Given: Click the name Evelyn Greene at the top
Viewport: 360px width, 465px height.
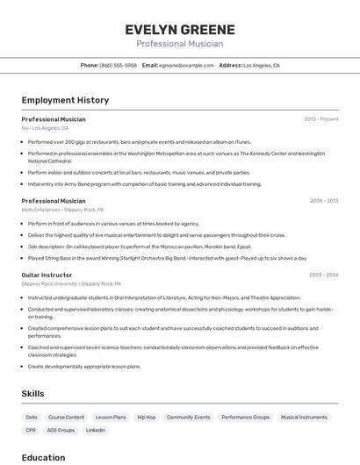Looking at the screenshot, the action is pyautogui.click(x=179, y=28).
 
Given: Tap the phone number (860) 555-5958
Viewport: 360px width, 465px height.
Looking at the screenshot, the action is pyautogui.click(x=119, y=65).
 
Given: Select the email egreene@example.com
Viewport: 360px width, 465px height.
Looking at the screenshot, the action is pyautogui.click(x=186, y=65).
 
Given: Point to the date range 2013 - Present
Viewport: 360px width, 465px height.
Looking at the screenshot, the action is pyautogui.click(x=321, y=118).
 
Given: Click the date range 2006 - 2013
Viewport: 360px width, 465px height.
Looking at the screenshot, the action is pyautogui.click(x=323, y=201).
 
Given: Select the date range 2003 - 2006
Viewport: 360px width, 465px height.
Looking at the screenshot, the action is pyautogui.click(x=323, y=275).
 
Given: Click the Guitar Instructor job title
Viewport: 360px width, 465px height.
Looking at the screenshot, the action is pyautogui.click(x=47, y=275).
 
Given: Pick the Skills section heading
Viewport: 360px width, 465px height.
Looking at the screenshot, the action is pyautogui.click(x=32, y=394).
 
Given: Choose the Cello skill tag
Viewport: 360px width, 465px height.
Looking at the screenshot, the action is pyautogui.click(x=32, y=418).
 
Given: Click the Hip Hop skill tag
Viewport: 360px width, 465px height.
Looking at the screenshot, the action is pyautogui.click(x=146, y=418).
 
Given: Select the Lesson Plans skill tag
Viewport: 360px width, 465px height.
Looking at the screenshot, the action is pyautogui.click(x=111, y=418).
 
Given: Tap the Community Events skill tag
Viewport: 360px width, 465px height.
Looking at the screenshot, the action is pyautogui.click(x=188, y=418).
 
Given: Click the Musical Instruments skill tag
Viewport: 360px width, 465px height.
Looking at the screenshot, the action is pyautogui.click(x=304, y=418).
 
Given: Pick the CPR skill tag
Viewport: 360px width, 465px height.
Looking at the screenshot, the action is pyautogui.click(x=31, y=430).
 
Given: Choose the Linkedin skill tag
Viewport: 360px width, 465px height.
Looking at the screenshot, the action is pyautogui.click(x=95, y=430).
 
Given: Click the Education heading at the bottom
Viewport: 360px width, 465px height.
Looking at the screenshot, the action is pyautogui.click(x=43, y=457).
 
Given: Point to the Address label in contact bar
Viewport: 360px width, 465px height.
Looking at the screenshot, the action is pyautogui.click(x=230, y=65).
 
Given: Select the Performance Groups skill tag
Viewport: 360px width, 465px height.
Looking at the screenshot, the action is pyautogui.click(x=245, y=418).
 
